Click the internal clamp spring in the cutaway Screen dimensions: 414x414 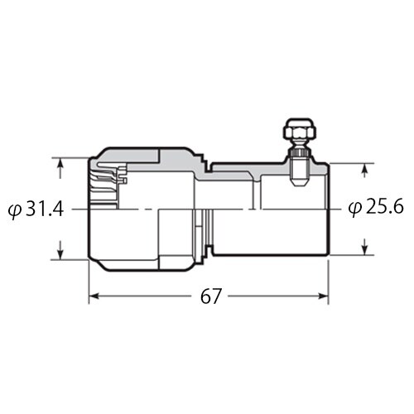coord(108,173)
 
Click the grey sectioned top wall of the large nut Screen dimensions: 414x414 coord(141,154)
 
